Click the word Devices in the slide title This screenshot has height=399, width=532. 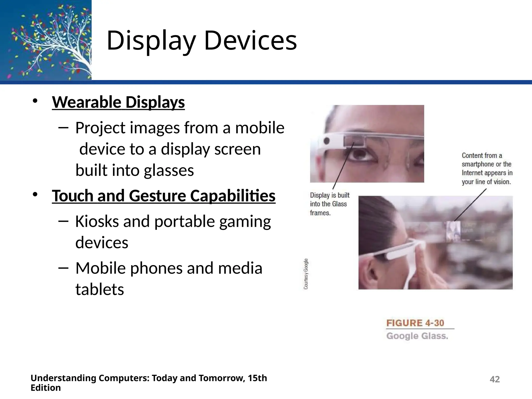pos(250,41)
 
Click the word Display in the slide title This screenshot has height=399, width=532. pos(151,41)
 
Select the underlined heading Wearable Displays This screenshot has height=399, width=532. pos(118,102)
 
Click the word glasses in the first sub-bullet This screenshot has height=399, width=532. pos(169,170)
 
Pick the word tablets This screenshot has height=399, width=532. pos(100,289)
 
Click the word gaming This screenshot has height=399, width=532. pos(245,222)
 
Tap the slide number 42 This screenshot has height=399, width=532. pos(495,379)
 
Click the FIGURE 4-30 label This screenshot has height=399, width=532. pos(415,323)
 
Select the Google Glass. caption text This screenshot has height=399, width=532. pos(417,336)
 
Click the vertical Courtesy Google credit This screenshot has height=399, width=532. pos(306,274)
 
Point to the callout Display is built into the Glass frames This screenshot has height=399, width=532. pos(329,204)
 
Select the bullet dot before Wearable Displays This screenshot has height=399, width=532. pos(35,101)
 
